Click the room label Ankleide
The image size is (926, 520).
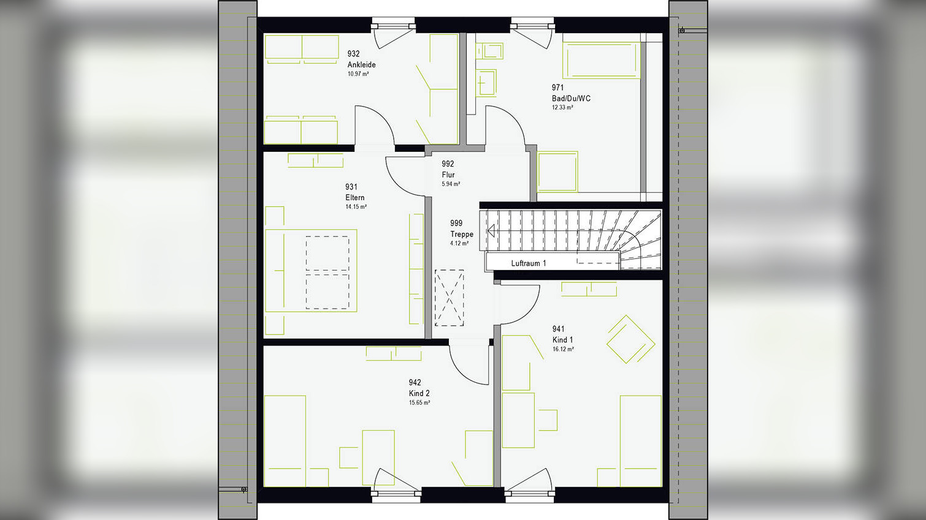coord(361,65)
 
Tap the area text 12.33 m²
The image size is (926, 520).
coord(562,108)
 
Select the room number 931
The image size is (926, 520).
coord(351,187)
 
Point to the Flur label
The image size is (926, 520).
coord(448,175)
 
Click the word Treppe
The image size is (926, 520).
coord(462,234)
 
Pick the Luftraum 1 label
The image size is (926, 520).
coord(529,263)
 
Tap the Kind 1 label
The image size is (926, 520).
coord(563,340)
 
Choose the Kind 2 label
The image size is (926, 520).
coord(419,393)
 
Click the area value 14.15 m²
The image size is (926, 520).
coord(356,207)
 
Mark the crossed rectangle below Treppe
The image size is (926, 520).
coord(450,298)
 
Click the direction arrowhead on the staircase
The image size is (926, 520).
coord(491,231)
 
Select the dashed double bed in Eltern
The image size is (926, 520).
coord(327,272)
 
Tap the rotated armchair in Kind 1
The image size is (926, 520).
coord(630,339)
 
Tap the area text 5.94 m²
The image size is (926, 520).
coord(451,184)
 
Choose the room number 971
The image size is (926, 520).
coord(557,88)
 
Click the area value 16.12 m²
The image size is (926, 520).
coord(563,350)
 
